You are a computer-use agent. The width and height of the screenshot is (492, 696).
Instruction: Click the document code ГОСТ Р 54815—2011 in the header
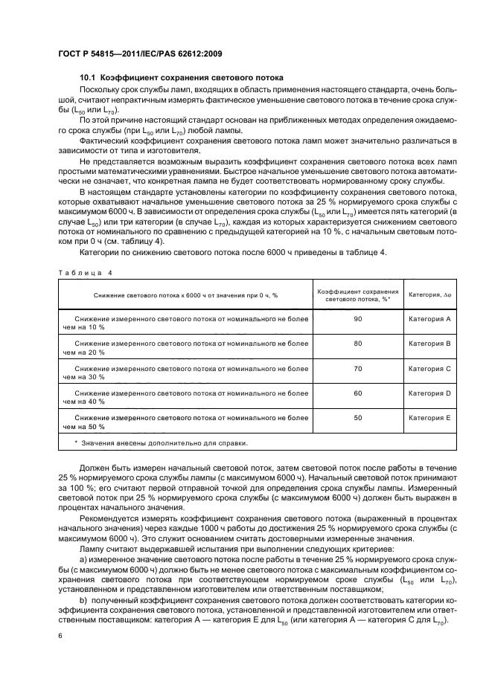point(100,54)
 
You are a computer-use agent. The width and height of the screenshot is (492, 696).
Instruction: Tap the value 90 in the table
point(358,319)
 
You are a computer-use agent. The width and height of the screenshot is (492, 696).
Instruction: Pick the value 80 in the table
point(358,344)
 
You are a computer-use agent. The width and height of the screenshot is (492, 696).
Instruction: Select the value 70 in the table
point(358,368)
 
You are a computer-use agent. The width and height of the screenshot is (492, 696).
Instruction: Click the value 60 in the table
point(358,393)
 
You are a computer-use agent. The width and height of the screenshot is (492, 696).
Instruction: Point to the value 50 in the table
point(358,418)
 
